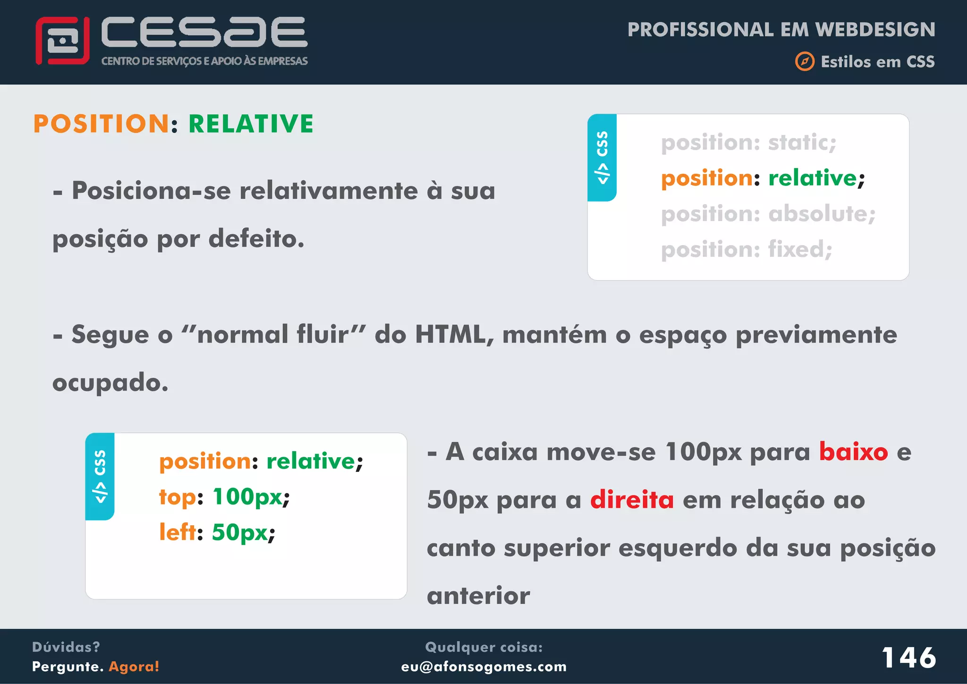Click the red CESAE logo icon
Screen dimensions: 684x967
pos(62,41)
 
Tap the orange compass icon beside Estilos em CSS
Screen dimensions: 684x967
pos(805,62)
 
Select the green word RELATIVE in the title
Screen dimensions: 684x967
pos(251,124)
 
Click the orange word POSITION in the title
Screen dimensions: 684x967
pos(101,124)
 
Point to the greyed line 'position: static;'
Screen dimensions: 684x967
pos(748,143)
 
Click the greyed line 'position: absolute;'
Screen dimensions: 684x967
pos(768,214)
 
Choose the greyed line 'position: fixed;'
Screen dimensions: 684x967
pos(746,249)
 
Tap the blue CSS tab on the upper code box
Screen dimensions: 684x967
pos(602,158)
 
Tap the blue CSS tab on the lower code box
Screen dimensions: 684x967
pos(100,476)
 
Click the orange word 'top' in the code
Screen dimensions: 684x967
pos(177,497)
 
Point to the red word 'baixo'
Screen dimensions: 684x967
pos(853,452)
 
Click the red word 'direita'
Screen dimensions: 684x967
pos(632,500)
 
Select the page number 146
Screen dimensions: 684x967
pos(909,658)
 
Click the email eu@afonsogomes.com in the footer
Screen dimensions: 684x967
pos(484,667)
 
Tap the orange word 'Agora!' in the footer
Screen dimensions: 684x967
pos(134,667)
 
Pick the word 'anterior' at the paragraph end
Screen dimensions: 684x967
pos(478,596)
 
